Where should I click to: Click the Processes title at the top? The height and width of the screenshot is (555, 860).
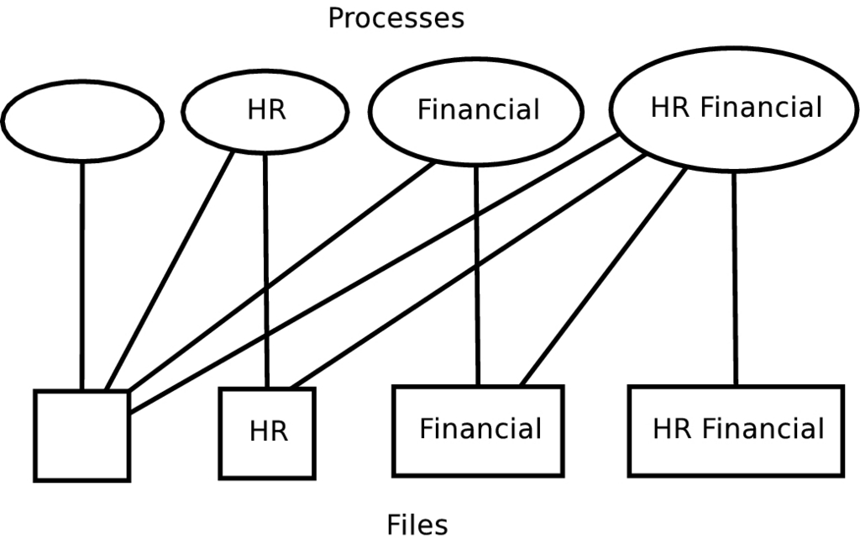pos(396,18)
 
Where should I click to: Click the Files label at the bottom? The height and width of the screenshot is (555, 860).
pos(417,525)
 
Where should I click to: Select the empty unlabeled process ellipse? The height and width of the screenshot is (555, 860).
pos(81,121)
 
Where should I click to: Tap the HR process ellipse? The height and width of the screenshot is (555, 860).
pos(265,111)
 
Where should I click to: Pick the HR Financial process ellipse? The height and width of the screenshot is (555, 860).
pos(736,108)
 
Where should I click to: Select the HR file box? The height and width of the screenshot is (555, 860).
pos(267,432)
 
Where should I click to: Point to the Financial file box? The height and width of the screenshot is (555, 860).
pos(479,430)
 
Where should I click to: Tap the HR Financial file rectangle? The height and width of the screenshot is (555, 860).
pos(736,430)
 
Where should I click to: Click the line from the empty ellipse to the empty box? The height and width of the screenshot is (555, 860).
pos(81,277)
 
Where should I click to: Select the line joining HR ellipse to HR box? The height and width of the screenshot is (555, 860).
pos(266,269)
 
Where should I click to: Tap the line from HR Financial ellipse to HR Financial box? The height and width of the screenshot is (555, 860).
pos(736,277)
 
